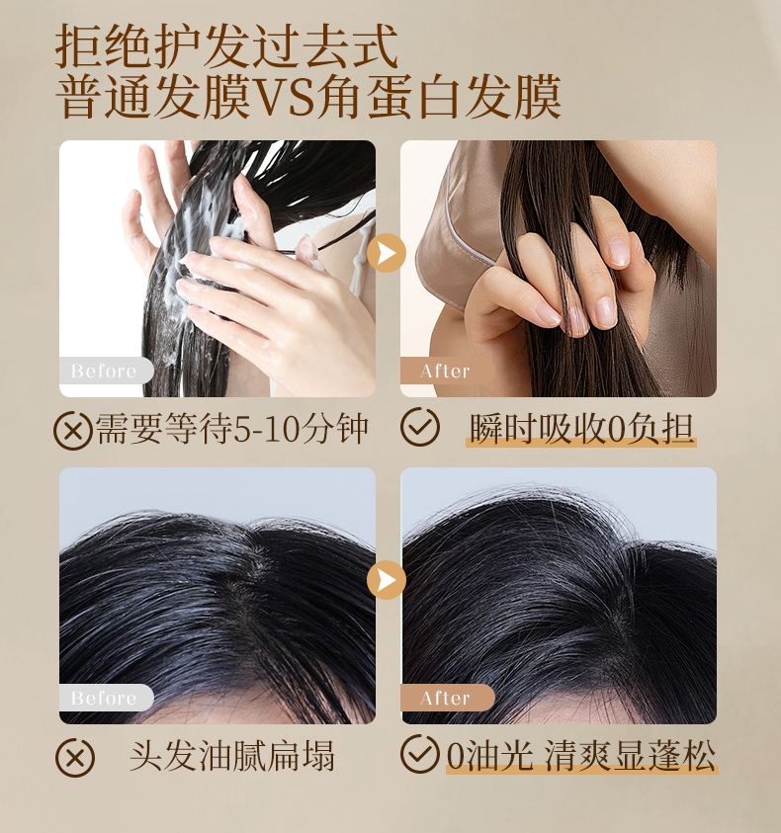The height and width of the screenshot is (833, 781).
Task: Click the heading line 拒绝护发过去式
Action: click(x=227, y=45)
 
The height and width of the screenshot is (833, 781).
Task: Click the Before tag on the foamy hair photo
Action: click(x=104, y=371)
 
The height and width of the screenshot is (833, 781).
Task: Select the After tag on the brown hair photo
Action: click(x=446, y=371)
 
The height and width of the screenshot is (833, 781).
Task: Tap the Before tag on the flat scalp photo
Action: click(x=104, y=698)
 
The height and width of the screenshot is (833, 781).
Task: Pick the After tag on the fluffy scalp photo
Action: click(x=446, y=698)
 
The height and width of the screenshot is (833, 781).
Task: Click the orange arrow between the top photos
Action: click(x=387, y=253)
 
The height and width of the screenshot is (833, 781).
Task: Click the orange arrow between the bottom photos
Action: click(x=387, y=580)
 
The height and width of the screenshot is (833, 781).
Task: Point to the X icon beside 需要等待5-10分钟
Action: click(x=73, y=430)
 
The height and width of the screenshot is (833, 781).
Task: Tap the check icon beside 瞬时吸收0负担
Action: click(x=420, y=426)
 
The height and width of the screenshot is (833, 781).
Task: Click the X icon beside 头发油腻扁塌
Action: click(x=75, y=757)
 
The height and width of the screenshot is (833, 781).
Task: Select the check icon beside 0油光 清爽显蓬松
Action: click(x=420, y=753)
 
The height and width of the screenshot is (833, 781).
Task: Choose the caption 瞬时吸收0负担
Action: click(x=581, y=428)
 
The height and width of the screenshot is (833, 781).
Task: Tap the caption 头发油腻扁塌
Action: click(x=231, y=755)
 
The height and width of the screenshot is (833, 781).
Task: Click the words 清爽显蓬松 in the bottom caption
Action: click(x=631, y=755)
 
